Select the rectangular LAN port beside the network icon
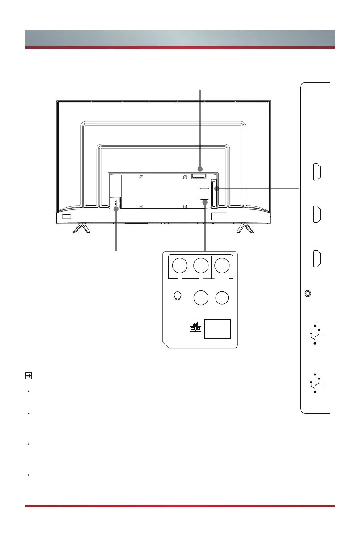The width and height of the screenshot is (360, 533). coord(218,329)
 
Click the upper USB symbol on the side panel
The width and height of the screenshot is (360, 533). coord(316,335)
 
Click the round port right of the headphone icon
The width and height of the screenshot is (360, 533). coord(200,298)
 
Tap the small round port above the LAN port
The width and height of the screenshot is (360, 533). coord(222,298)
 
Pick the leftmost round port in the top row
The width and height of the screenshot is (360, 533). coord(180,266)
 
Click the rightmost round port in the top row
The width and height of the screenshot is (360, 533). coord(222,266)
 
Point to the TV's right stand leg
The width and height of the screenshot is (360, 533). coord(244,228)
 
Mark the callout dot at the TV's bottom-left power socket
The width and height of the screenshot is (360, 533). coord(116,208)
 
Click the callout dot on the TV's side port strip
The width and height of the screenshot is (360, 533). coord(219,189)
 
